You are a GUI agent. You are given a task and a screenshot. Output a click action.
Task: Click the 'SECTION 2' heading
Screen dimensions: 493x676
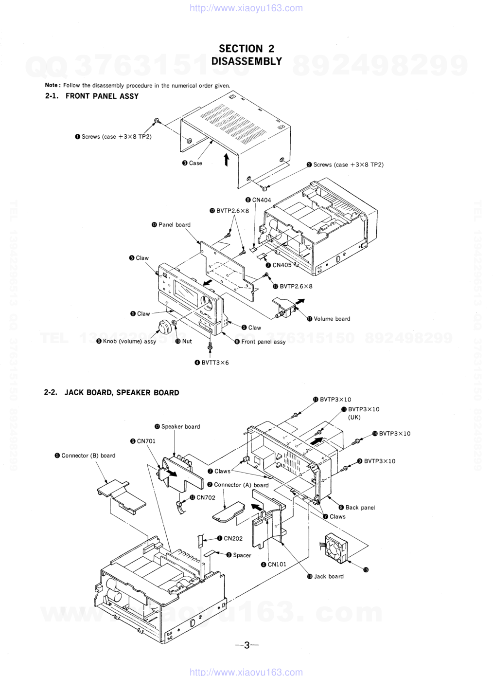[246, 49]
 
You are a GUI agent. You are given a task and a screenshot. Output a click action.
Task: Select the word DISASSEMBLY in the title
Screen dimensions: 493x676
[246, 61]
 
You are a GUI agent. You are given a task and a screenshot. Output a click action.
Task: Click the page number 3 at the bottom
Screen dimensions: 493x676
[246, 645]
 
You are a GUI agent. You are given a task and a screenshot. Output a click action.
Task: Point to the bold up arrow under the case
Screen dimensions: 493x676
[226, 160]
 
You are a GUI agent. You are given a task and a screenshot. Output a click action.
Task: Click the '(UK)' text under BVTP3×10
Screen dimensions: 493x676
[354, 418]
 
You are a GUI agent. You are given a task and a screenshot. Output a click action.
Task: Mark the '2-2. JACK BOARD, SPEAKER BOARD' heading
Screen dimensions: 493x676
[111, 393]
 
